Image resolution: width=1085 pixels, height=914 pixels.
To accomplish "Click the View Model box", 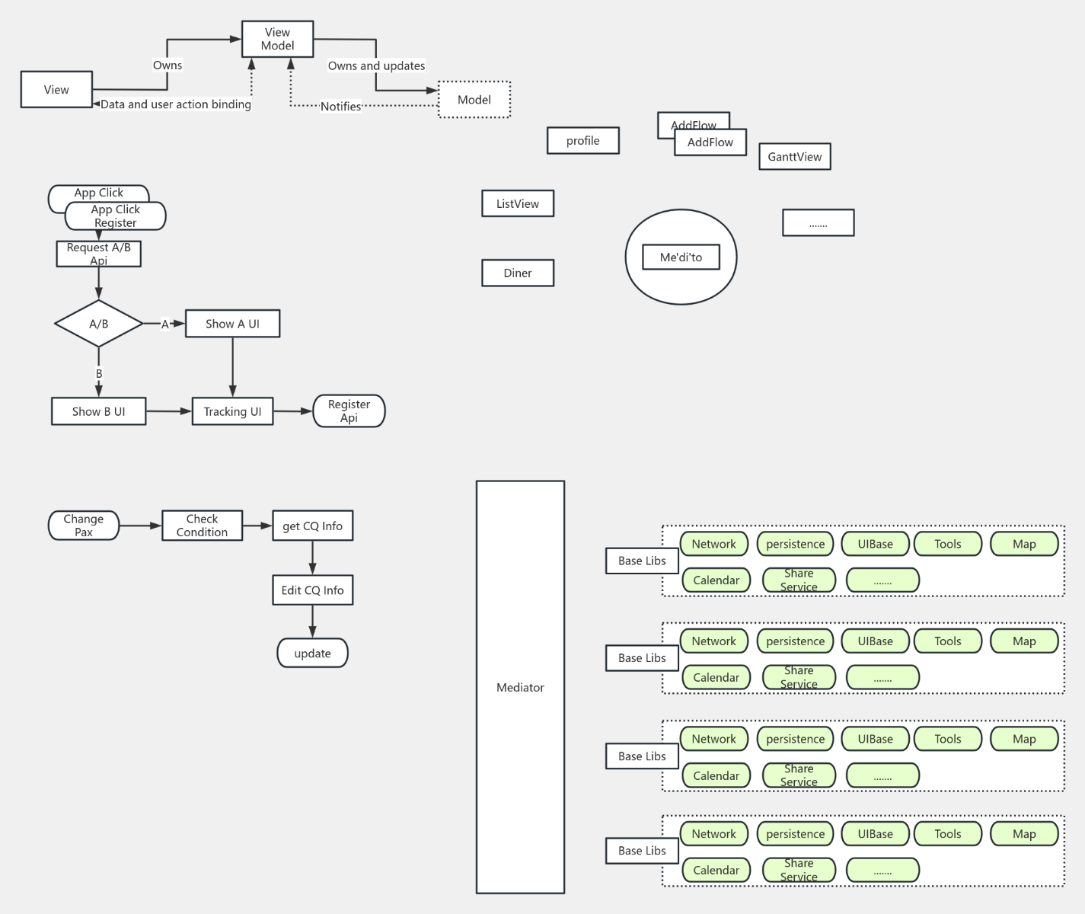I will point(277,39).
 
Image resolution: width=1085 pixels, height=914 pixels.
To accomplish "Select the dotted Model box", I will point(474,100).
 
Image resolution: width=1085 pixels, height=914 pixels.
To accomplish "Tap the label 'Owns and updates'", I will point(376,66).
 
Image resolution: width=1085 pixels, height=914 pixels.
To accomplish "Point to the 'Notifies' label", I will point(340,107).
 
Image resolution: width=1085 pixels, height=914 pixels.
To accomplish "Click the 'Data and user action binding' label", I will point(176,104).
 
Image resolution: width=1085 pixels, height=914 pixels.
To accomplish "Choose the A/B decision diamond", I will point(99,324).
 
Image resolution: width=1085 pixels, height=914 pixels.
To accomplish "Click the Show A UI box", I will point(232,324).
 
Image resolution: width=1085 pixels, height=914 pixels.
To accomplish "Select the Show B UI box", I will point(98,411).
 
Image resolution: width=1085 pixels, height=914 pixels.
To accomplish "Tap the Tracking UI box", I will point(232,411).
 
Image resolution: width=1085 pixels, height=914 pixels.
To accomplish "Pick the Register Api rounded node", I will point(349,411).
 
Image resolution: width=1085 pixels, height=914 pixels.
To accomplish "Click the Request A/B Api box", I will point(98,254).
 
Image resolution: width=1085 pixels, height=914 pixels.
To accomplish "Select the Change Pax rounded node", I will point(84,526).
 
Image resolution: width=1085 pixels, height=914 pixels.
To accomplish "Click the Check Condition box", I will point(202,526).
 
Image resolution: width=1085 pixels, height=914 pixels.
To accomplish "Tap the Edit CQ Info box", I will point(312,590).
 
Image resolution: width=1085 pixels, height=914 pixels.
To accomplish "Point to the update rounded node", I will point(312,654).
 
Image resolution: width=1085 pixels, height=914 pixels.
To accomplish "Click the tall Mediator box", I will point(520,687).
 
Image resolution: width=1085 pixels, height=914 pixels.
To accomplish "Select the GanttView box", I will point(794,157).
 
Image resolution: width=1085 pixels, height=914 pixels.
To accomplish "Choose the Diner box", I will point(518,273).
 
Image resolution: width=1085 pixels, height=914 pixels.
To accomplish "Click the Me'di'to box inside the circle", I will point(681,257).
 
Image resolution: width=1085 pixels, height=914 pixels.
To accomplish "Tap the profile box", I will point(582,141).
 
